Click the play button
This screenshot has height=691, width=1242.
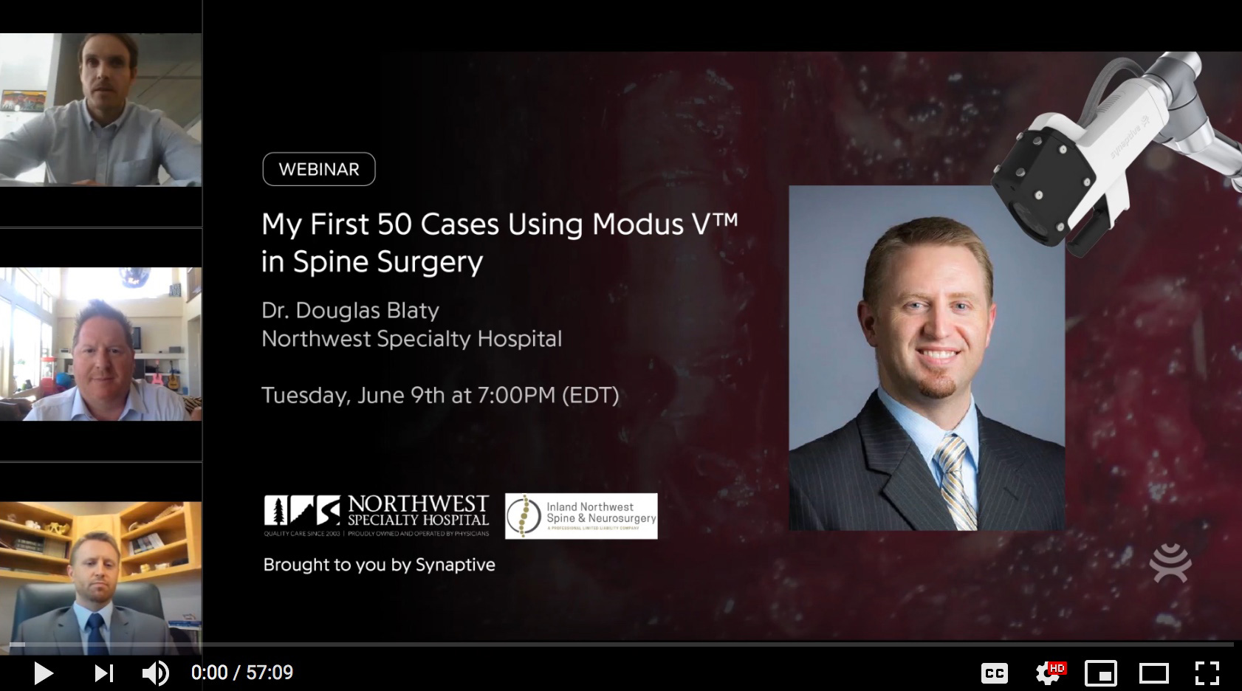[43, 673]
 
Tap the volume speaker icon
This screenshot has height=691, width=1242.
[155, 673]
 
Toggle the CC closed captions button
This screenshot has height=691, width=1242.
[994, 673]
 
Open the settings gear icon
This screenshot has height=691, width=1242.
[1047, 673]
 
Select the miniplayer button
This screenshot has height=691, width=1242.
[1100, 673]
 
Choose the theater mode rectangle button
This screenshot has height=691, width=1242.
[1153, 673]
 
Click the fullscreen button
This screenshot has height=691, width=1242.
[1207, 673]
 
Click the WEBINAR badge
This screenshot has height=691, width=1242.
[319, 169]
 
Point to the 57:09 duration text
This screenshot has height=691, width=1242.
[270, 673]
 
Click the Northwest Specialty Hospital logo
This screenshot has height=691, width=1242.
[377, 515]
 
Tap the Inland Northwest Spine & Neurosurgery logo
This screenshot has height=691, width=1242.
[581, 516]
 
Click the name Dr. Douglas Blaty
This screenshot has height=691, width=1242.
[351, 310]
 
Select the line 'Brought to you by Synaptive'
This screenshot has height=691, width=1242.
[380, 565]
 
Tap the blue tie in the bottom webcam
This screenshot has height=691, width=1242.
[95, 631]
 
